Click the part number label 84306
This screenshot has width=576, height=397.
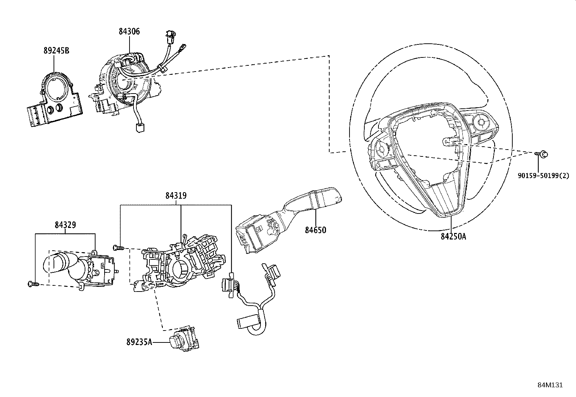tap(129, 32)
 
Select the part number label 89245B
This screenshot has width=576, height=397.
tap(56, 51)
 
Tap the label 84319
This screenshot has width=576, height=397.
tap(176, 196)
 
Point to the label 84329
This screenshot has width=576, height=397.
tap(65, 225)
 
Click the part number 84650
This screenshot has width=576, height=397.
tap(315, 230)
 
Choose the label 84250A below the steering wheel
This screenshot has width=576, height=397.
tap(453, 237)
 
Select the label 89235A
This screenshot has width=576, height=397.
tap(139, 341)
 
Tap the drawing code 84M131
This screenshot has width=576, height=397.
tap(550, 385)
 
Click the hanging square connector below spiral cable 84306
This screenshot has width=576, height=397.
tap(139, 128)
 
